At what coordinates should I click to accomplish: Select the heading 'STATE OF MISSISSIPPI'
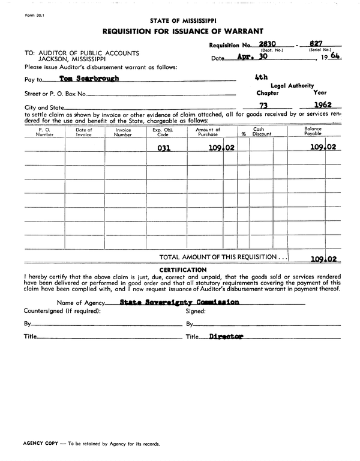click(182, 20)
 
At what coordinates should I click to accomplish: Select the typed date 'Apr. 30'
click(251, 58)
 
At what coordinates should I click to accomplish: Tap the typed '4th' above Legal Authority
click(261, 77)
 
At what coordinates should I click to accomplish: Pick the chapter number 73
click(262, 104)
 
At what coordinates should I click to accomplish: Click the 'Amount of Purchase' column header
click(208, 132)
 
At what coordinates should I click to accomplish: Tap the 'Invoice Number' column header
click(123, 132)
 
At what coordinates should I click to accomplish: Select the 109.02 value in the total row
click(323, 259)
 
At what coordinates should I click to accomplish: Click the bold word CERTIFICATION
click(182, 270)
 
